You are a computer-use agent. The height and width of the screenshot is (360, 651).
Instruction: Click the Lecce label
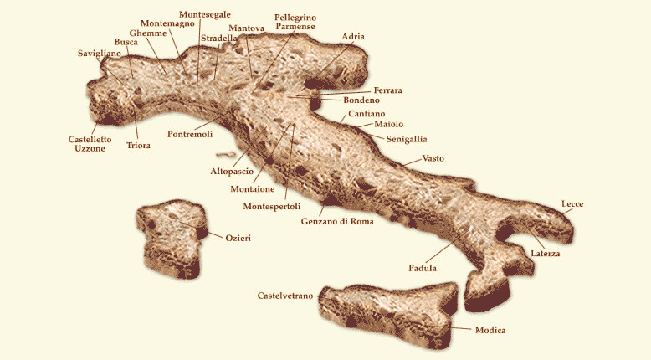tap(573, 204)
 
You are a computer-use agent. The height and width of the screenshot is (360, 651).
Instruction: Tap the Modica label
tap(490, 330)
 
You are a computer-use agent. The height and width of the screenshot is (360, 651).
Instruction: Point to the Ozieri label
tap(238, 238)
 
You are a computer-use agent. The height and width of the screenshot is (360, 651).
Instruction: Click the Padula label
tap(423, 268)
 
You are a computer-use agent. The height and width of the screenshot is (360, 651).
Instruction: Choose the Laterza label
tap(545, 252)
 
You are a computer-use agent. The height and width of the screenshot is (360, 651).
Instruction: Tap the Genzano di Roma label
tap(337, 222)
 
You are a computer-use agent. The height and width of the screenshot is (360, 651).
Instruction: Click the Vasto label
tap(433, 158)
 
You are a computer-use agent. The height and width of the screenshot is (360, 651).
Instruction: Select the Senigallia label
tap(407, 138)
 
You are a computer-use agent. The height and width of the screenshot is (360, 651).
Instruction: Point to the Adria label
tap(353, 37)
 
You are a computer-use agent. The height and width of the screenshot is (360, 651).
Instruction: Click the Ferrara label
tap(388, 90)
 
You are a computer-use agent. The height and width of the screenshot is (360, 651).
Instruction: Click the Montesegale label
tap(205, 15)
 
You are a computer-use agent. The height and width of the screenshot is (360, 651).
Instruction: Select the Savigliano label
tap(100, 54)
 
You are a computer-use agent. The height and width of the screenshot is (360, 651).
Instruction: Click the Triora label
tap(138, 146)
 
